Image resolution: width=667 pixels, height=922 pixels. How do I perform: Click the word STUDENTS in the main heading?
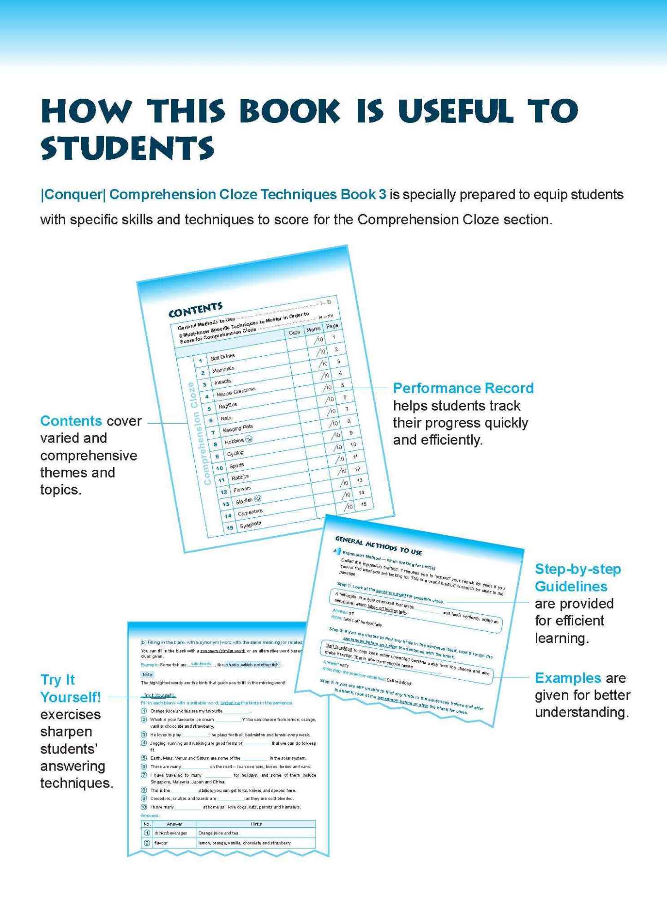127,149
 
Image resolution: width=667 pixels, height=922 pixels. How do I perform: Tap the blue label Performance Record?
463,388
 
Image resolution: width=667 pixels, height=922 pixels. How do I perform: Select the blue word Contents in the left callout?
71,421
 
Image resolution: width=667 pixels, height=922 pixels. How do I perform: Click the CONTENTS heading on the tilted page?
195,310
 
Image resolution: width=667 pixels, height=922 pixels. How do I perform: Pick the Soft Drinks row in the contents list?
222,357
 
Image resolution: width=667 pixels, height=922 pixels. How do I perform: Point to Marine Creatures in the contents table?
236,392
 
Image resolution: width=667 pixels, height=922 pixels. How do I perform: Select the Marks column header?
313,329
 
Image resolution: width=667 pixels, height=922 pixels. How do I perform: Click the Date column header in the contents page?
294,333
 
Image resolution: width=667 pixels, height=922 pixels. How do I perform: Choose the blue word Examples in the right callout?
568,678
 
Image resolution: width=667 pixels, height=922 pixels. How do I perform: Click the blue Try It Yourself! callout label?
70,688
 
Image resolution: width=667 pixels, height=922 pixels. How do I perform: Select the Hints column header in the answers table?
256,824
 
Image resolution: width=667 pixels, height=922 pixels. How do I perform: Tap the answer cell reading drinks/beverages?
171,833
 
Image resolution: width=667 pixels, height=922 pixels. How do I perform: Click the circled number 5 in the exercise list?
144,758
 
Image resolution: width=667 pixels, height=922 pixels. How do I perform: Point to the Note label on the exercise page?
147,674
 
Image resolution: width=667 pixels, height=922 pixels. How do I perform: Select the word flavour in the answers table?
161,843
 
